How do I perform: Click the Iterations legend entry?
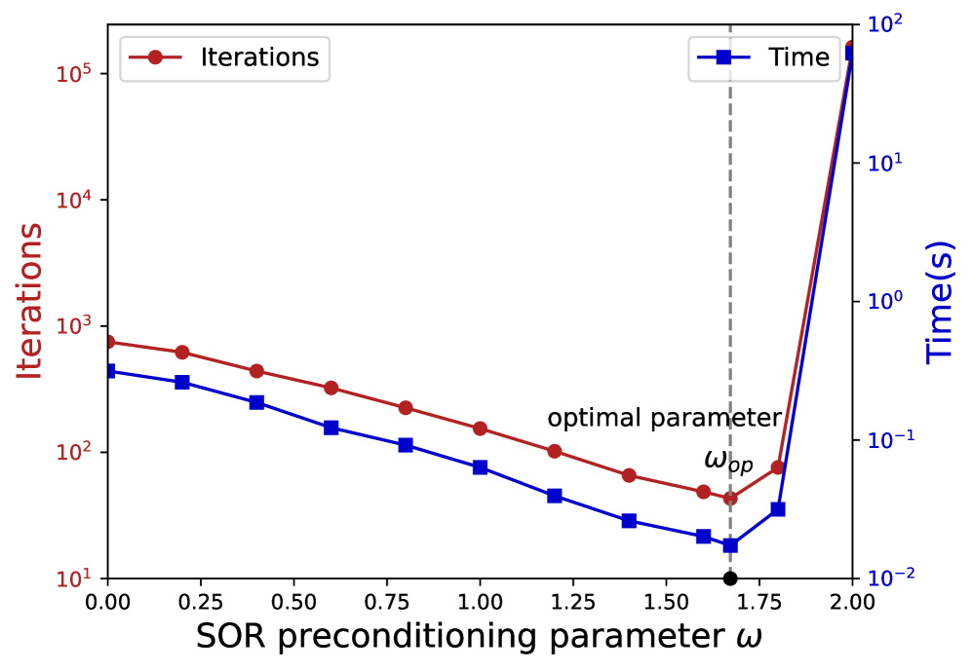(x=225, y=56)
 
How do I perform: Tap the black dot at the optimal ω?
(x=730, y=579)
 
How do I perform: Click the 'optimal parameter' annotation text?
(x=664, y=419)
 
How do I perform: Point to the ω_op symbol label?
(x=727, y=460)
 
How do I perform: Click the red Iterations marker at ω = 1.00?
(x=480, y=429)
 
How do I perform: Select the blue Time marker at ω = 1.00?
(x=480, y=467)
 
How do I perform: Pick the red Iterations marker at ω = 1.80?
(x=778, y=467)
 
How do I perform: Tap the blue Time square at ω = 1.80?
(x=778, y=509)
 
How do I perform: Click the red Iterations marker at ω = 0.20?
(x=182, y=352)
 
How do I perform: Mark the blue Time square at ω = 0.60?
(x=331, y=428)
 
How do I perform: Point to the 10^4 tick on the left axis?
(x=79, y=200)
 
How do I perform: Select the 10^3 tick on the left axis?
(x=79, y=325)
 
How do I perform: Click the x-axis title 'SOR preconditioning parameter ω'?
(x=479, y=637)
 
